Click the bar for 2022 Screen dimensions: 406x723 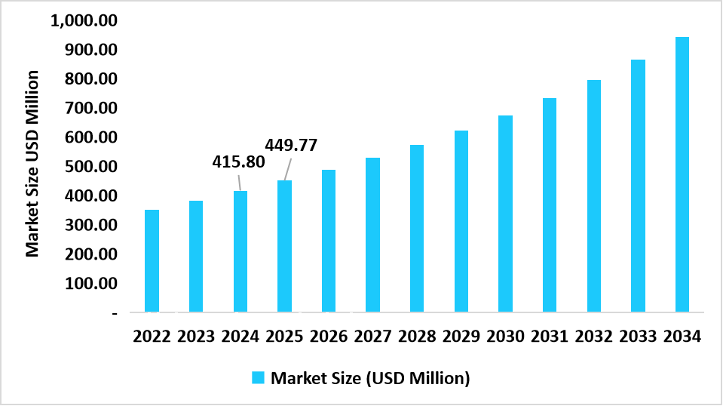point(152,260)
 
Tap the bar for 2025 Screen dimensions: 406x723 point(284,246)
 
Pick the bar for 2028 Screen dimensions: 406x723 point(417,228)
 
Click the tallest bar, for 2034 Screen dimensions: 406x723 point(682,174)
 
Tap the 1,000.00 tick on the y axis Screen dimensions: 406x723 point(84,20)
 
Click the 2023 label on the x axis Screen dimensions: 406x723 point(196,337)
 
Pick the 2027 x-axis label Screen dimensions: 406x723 point(372,337)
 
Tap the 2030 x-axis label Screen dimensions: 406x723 point(505,337)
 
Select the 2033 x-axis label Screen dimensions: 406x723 point(638,337)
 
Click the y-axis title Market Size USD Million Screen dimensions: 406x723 point(33,163)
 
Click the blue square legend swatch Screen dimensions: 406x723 point(259,377)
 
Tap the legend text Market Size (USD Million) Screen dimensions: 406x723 point(370,378)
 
